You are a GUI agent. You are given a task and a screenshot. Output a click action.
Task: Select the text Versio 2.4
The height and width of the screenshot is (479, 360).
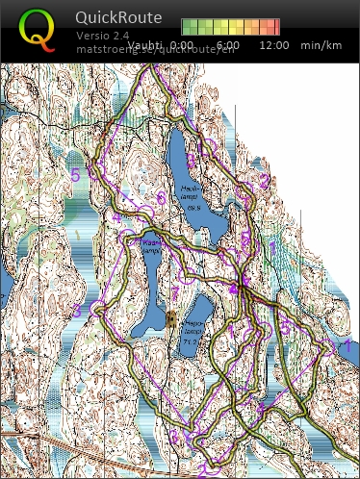coord(100,37)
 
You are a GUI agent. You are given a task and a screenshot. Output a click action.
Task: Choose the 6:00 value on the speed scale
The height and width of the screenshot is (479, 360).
coord(228,45)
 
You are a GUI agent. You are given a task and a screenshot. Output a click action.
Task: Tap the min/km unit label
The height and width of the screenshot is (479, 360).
coord(321,45)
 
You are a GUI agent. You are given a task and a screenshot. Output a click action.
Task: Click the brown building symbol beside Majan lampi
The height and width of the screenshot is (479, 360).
coord(171,318)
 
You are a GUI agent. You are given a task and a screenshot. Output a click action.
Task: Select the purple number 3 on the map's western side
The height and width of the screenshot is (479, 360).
coord(77,310)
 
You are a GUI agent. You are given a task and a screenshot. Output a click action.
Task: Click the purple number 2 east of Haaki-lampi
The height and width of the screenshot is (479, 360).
coord(262,180)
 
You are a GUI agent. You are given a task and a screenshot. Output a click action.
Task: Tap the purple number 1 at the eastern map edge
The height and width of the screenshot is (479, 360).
coord(346,342)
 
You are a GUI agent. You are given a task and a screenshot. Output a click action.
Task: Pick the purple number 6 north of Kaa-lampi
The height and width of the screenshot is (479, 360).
coord(160,199)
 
